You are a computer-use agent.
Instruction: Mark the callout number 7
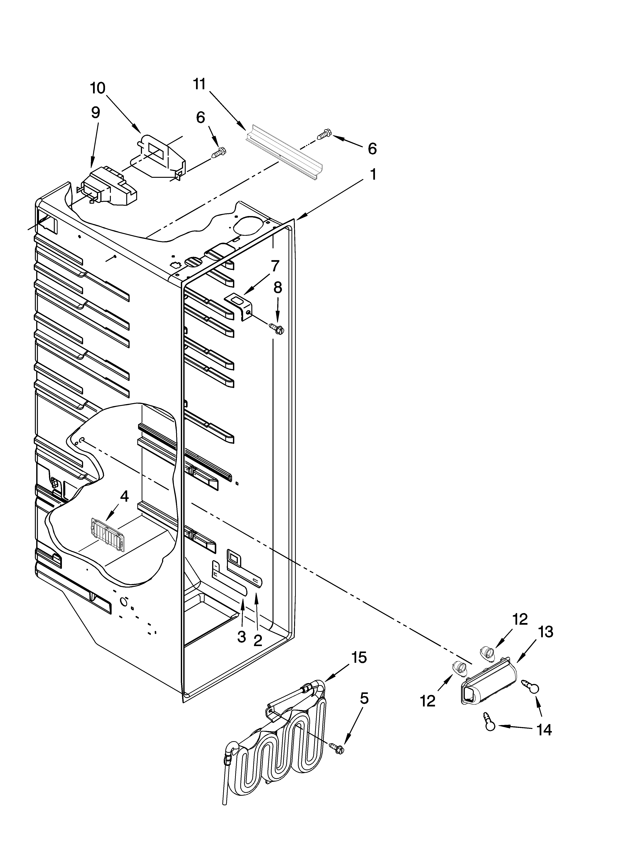click(x=275, y=265)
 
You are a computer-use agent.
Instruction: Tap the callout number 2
click(x=258, y=640)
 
